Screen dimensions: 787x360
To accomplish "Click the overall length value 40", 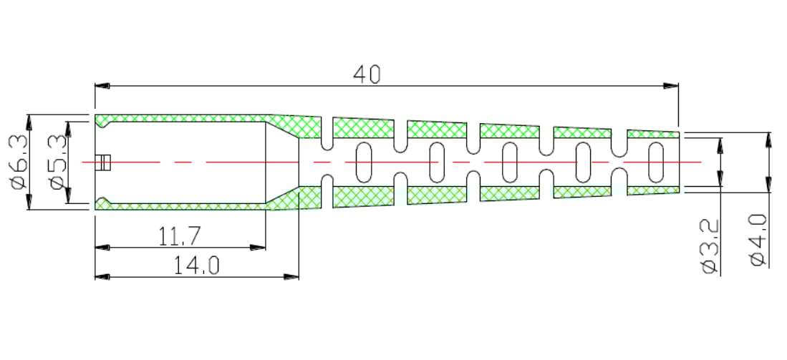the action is point(367,74).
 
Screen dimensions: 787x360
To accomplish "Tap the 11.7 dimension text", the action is point(180,236).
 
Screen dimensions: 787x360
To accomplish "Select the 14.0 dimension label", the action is point(197,266).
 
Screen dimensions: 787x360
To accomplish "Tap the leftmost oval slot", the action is point(364,162).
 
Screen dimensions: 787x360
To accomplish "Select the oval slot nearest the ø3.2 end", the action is point(655,162).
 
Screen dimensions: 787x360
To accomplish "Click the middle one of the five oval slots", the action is point(510,162).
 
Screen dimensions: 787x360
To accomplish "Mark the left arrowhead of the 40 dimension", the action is point(102,86).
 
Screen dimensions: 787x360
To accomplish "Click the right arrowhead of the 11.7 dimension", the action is point(258,247).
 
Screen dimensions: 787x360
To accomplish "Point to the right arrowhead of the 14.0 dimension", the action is point(291,276).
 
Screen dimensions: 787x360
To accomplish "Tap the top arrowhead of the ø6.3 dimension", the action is point(29,122).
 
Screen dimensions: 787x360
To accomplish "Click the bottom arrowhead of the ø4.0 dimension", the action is point(768,184).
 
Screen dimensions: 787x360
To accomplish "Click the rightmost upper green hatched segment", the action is point(653,134).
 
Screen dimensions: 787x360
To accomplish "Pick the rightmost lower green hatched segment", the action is point(653,190).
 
